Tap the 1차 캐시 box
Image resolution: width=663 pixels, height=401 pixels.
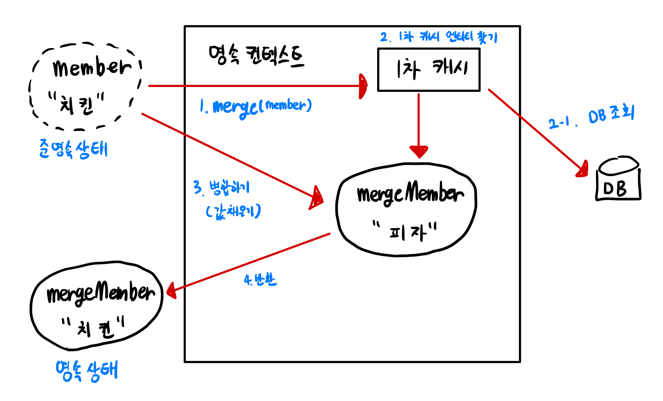tap(429, 70)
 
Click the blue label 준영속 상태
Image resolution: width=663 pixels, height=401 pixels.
tap(73, 149)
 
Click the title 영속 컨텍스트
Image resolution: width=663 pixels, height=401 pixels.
tap(256, 56)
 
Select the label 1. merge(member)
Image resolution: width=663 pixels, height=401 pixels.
tap(256, 107)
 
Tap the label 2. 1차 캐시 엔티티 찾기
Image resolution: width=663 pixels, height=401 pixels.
tap(439, 37)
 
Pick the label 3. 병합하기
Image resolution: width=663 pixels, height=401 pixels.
tap(221, 188)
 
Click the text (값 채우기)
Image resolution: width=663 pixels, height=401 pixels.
tap(233, 211)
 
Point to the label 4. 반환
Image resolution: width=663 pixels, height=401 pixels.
tap(260, 279)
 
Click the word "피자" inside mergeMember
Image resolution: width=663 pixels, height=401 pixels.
tap(405, 231)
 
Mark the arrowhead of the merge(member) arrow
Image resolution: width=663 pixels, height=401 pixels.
tap(363, 86)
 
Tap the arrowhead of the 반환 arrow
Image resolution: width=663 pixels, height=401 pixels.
tap(171, 290)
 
